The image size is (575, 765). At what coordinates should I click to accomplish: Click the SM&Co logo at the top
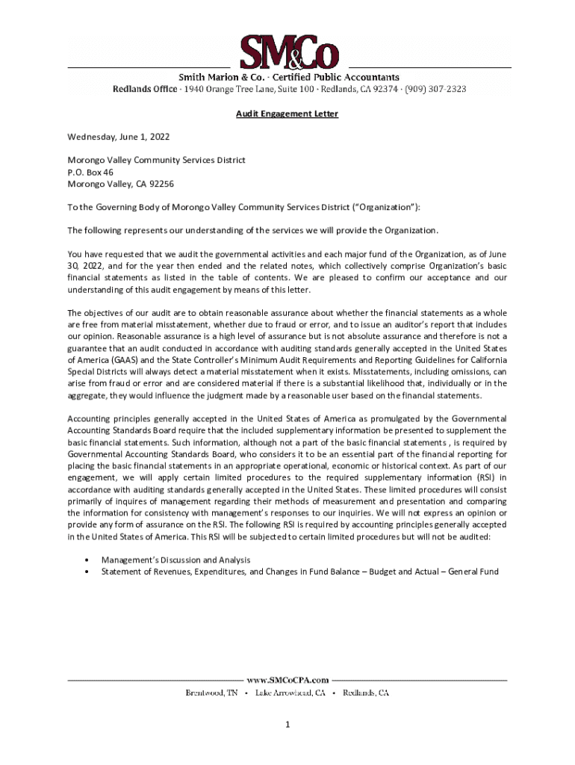(289, 52)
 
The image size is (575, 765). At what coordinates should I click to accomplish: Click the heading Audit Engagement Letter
(287, 114)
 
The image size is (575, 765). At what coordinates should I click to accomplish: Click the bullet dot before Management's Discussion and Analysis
(89, 560)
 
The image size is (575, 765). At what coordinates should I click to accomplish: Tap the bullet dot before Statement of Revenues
(89, 572)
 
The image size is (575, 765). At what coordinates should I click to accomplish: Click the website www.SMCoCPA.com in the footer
(287, 680)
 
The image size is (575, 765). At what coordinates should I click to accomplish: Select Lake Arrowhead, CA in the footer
(290, 693)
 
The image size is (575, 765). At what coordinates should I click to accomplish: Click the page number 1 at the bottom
(287, 725)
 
